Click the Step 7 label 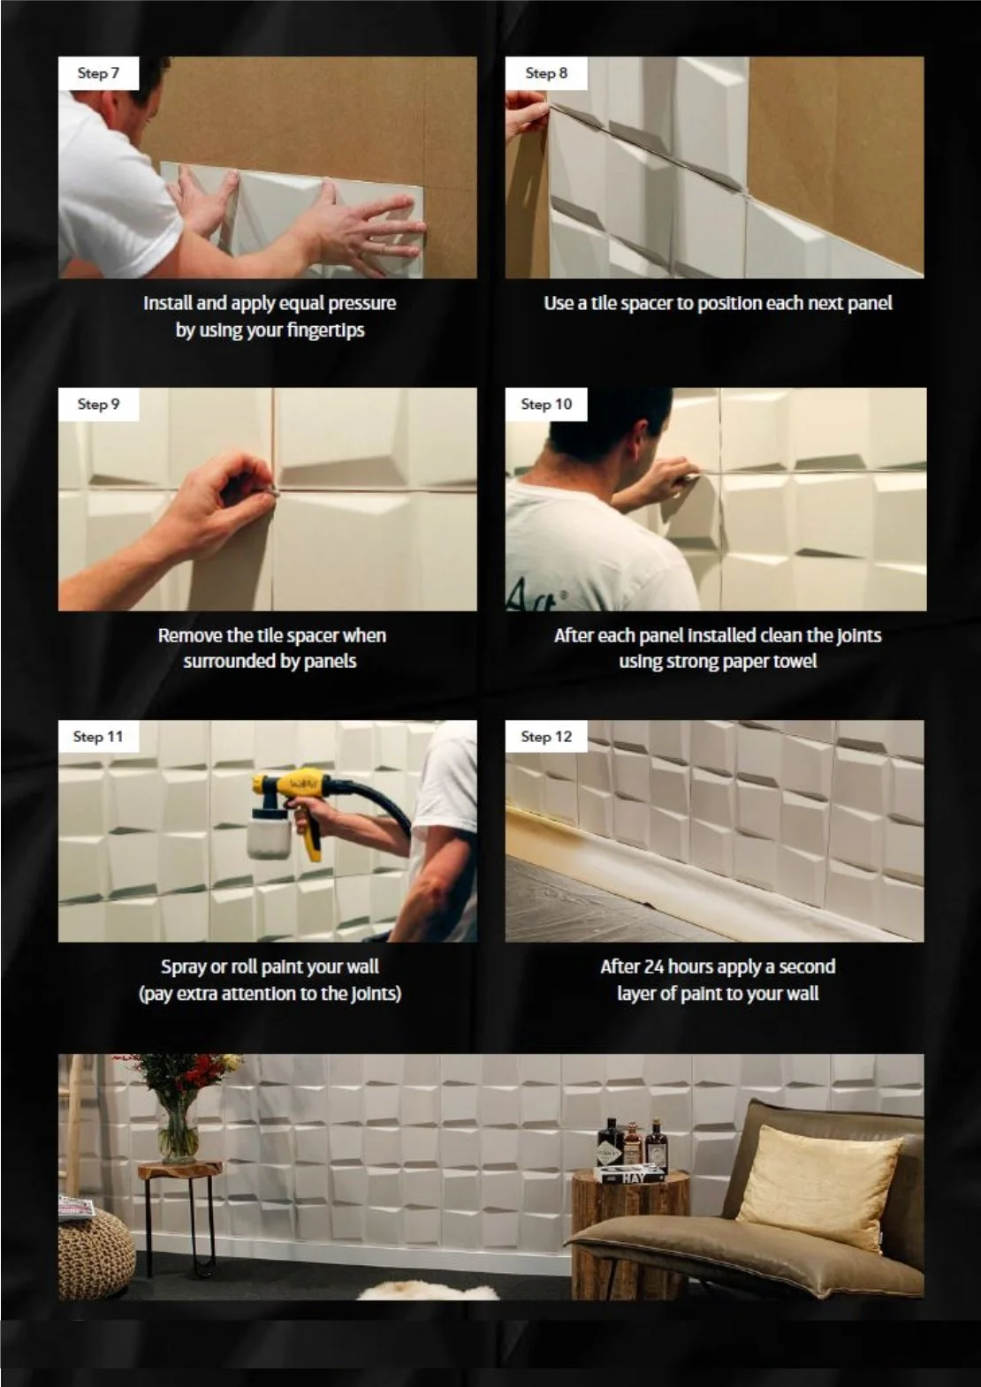point(98,73)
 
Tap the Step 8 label point(546,73)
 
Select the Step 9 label point(98,405)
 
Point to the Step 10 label point(546,405)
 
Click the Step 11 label point(98,736)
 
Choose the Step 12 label point(546,736)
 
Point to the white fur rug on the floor point(428,1292)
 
